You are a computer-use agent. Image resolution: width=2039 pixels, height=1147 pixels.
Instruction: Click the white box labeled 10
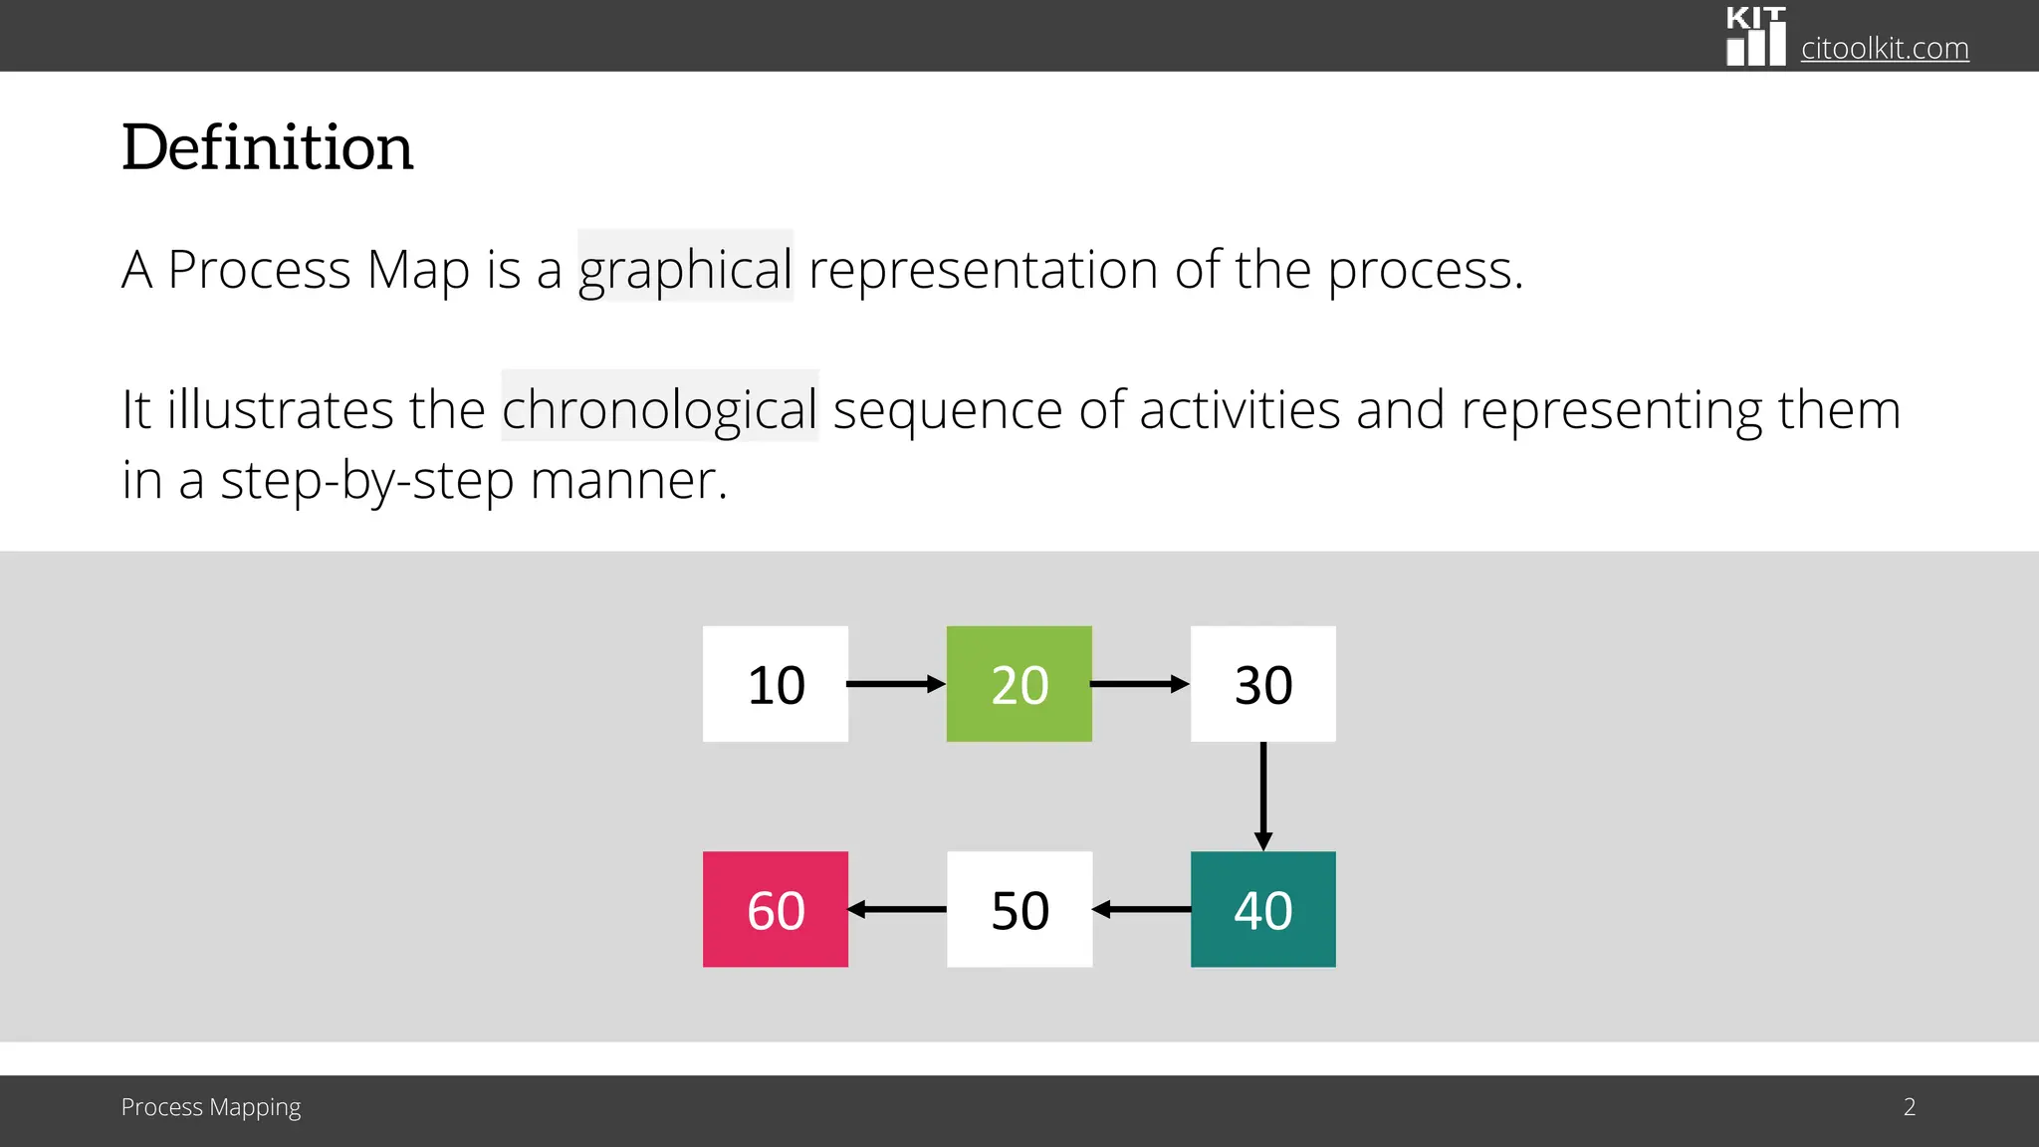[x=776, y=684]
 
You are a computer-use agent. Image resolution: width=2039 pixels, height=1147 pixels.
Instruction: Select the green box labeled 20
[x=1019, y=684]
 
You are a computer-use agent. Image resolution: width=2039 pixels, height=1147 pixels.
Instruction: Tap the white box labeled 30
[x=1262, y=684]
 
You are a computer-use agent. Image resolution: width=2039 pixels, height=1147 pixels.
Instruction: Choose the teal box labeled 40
[x=1262, y=909]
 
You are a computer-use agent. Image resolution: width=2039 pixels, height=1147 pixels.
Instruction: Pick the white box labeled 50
[x=1019, y=909]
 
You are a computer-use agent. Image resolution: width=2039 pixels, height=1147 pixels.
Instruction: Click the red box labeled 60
[x=776, y=909]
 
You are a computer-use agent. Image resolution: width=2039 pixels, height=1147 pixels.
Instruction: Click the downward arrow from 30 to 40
[x=1263, y=796]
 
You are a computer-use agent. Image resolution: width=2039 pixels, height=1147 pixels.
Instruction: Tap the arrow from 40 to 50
[x=1142, y=909]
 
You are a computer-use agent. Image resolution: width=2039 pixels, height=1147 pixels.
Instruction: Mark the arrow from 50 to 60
[x=897, y=909]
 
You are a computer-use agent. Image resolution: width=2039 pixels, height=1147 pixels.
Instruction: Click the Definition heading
[x=267, y=147]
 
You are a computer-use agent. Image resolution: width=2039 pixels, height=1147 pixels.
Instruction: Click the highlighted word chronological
[x=659, y=409]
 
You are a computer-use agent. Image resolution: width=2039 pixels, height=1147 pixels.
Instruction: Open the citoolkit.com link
[x=1884, y=48]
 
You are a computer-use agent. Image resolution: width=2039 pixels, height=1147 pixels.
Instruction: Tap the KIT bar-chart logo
[x=1755, y=37]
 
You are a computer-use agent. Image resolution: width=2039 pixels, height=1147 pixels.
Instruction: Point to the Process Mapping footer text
[x=210, y=1107]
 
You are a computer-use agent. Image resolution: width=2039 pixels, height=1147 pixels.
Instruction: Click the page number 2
[x=1909, y=1107]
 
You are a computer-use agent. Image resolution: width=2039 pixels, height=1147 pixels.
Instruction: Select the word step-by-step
[x=366, y=481]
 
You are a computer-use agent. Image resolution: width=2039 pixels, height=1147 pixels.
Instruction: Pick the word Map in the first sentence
[x=417, y=270]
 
